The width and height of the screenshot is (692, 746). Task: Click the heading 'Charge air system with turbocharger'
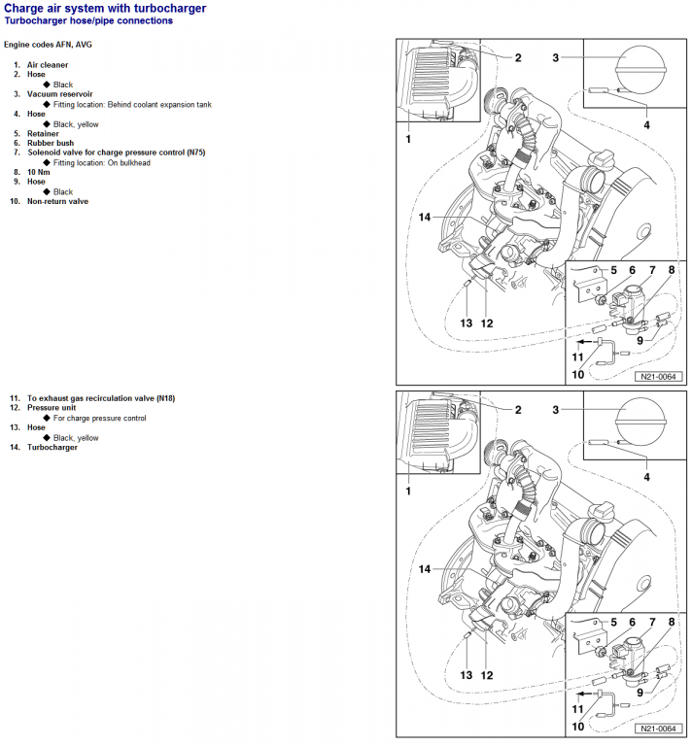tap(105, 8)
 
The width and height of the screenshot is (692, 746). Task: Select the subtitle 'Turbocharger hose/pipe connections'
tap(88, 20)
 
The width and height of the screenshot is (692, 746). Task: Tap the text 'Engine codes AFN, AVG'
tap(49, 45)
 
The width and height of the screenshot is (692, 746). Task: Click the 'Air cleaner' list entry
tap(47, 65)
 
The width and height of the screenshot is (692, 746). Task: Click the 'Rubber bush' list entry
tap(51, 143)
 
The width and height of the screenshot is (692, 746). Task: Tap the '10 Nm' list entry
tap(41, 172)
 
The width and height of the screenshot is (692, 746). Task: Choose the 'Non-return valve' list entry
tap(57, 201)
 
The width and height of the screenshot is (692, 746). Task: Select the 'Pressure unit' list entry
tap(52, 408)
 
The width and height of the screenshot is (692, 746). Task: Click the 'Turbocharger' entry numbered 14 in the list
tap(52, 447)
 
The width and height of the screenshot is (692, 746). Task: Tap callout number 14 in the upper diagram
tap(424, 217)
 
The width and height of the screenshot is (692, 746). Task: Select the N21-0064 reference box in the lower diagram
tap(657, 729)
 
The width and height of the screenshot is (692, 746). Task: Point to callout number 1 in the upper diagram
tap(408, 140)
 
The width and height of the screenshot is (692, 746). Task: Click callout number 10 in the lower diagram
tap(577, 726)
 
